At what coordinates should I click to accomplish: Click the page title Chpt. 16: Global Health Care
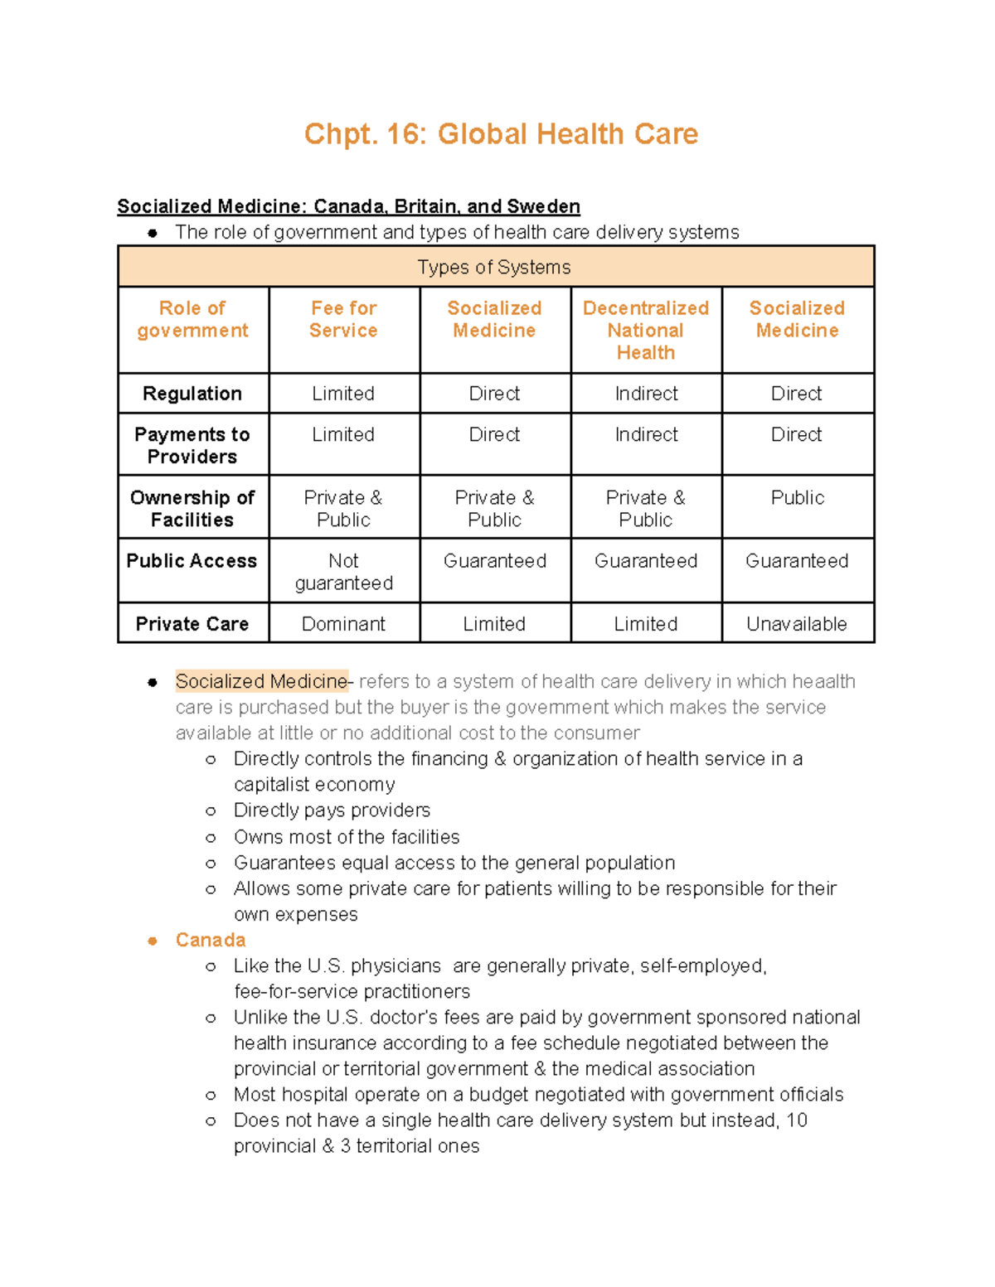click(501, 134)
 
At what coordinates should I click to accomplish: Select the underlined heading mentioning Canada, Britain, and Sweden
click(348, 206)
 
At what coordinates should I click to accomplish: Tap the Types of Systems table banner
click(494, 267)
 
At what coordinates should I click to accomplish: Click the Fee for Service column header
click(343, 319)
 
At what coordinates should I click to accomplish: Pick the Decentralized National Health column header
click(645, 330)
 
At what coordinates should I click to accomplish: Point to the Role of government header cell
click(192, 319)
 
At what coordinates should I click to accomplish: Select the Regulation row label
click(192, 394)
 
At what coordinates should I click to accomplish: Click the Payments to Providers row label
click(192, 446)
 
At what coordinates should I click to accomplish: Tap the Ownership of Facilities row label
click(192, 509)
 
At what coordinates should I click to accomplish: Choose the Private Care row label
click(192, 624)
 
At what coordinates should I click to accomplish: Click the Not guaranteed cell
click(343, 572)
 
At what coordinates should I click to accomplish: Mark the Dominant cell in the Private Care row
click(343, 624)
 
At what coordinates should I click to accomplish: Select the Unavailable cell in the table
click(796, 624)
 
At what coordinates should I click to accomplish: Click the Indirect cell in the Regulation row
click(646, 394)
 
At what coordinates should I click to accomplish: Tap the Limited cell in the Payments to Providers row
click(343, 434)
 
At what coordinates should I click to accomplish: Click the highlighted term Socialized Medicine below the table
click(261, 681)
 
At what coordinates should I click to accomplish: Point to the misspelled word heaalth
click(823, 681)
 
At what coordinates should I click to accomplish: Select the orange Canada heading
click(211, 940)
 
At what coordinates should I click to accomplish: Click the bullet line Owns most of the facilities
click(347, 837)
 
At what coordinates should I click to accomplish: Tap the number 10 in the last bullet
click(796, 1120)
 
